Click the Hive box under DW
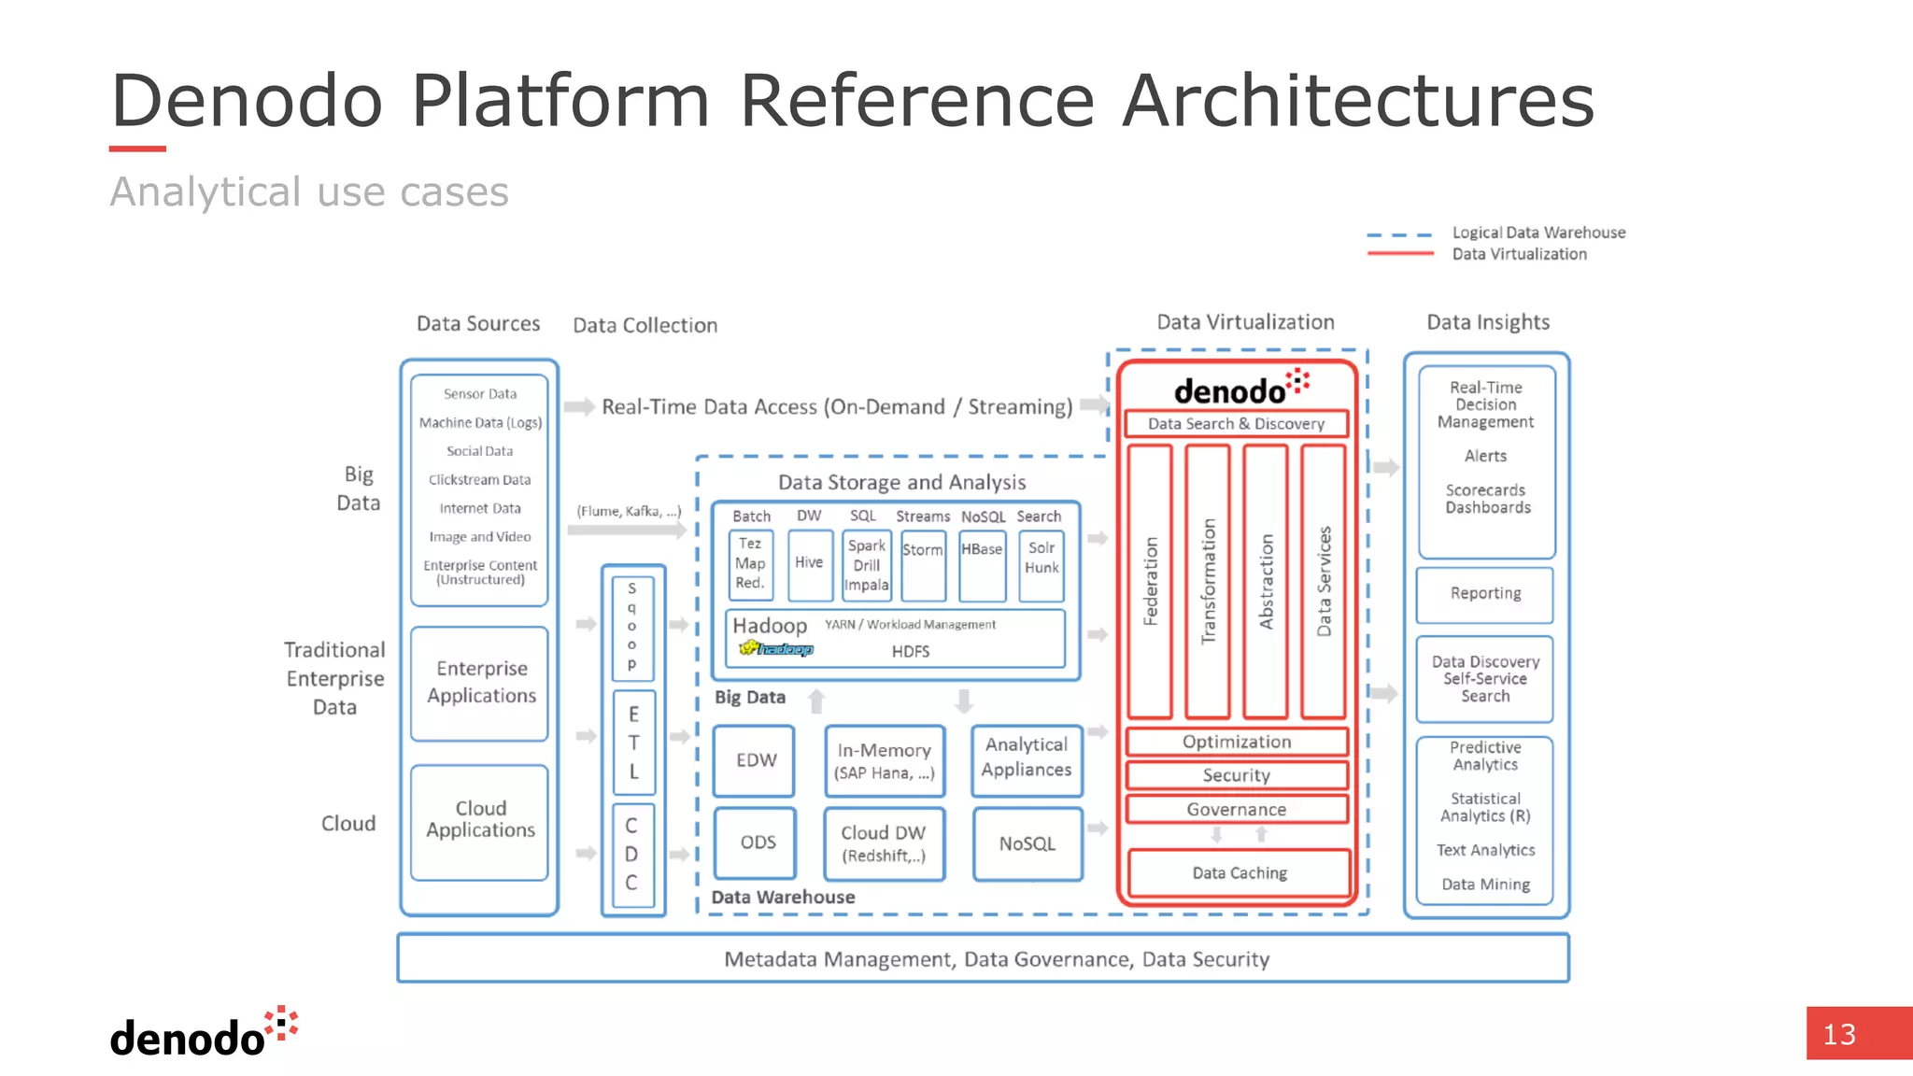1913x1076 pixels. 809,564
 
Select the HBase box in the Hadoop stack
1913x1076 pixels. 982,564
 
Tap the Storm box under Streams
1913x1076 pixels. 923,564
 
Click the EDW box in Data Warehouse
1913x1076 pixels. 755,760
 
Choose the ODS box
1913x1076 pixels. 756,842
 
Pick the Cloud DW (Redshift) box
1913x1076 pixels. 884,843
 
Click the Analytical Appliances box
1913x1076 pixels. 1027,758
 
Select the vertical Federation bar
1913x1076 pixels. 1150,581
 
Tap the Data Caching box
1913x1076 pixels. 1239,873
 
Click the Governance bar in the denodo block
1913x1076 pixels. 1237,809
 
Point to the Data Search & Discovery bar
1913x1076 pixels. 1236,424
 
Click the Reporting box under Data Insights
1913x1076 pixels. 1485,594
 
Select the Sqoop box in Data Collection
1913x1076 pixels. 632,627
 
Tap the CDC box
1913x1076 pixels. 632,854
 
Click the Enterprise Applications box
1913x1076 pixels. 480,683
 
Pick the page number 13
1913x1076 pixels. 1839,1034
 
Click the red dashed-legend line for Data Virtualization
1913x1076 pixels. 1399,254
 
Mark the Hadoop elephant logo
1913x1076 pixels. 774,648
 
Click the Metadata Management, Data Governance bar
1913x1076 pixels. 983,958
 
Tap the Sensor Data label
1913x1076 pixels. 480,394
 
